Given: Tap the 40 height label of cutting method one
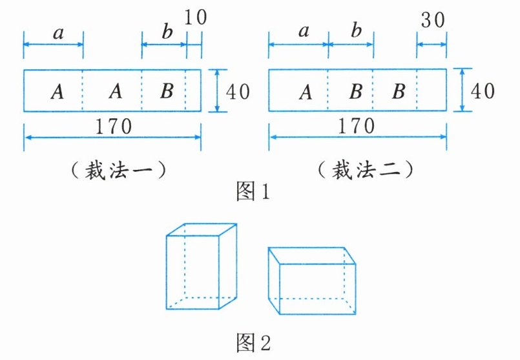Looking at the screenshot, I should (236, 90).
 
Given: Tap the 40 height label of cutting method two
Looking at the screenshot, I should (482, 90).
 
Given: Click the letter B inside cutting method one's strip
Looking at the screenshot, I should (166, 91).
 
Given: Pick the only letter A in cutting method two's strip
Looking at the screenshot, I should (306, 92).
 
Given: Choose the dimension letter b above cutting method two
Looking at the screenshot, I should (353, 32).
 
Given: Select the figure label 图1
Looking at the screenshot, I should (252, 193).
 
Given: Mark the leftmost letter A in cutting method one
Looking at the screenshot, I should (57, 92).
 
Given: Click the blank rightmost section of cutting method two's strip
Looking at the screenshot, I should (432, 90).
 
